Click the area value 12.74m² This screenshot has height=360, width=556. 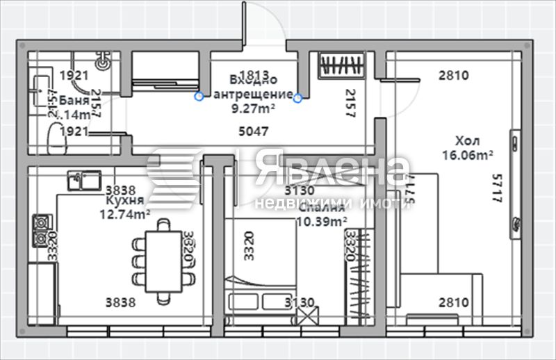coord(125,214)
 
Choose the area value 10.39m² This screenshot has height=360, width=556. coord(322,221)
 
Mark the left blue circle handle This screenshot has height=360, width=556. coord(199,96)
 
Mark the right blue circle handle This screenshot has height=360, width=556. coord(298,98)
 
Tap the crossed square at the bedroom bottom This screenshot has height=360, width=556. coord(304,317)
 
